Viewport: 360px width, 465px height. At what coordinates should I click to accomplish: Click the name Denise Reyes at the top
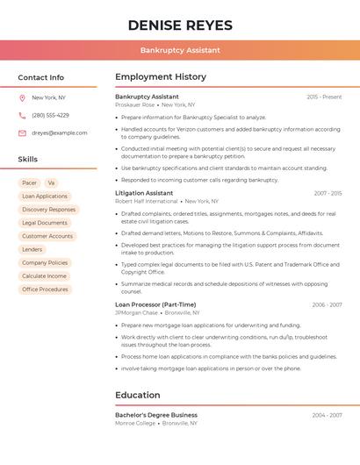pos(180,25)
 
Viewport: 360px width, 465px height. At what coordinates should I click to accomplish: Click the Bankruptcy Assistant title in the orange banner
pos(180,50)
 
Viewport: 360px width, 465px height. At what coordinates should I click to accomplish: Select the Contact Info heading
pos(40,77)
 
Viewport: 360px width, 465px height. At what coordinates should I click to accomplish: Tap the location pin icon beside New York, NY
pos(22,98)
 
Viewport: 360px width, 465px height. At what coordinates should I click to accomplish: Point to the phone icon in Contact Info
pos(22,116)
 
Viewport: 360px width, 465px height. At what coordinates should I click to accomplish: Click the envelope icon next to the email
pos(22,133)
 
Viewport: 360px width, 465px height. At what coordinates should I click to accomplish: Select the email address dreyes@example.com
pos(60,133)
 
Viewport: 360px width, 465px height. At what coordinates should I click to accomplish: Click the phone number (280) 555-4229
pos(50,116)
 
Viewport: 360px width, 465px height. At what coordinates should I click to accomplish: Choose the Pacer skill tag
pos(29,183)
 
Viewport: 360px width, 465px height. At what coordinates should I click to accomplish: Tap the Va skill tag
pos(51,183)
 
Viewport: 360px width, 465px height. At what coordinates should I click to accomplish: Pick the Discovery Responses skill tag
pos(48,210)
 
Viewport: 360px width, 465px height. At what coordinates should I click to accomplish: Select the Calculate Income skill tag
pos(44,276)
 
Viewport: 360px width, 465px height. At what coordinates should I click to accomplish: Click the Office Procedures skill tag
pos(45,290)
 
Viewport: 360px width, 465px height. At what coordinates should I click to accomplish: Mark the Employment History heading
pos(161,77)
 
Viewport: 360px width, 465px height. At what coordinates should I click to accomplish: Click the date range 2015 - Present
pos(324,97)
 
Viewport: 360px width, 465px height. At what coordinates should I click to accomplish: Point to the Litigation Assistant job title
pos(144,193)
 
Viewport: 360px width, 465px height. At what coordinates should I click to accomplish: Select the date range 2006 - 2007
pos(327,305)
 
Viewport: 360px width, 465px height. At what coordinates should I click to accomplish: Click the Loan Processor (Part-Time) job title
pos(155,305)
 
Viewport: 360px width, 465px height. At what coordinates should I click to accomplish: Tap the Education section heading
pos(137,396)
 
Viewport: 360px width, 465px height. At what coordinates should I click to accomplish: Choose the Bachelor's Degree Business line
pos(156,415)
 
